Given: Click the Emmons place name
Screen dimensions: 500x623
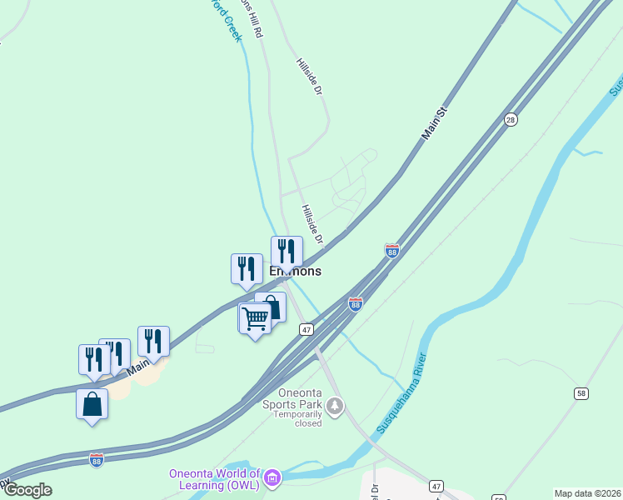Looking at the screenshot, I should (295, 272).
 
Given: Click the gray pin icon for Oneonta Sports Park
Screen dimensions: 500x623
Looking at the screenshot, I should (335, 407).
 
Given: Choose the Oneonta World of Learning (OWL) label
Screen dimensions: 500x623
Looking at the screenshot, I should (215, 479).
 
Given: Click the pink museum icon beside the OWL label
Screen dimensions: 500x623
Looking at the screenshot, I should (272, 478).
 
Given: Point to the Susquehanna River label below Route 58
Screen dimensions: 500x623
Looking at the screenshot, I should (401, 392).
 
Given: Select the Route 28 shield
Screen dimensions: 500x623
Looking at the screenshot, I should (511, 121).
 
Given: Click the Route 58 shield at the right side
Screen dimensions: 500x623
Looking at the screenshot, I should (581, 392).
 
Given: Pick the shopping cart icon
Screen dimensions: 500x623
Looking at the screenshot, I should (255, 317).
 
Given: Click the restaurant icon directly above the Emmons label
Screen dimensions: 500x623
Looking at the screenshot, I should (287, 251).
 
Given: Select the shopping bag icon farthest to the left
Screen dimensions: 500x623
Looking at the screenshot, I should (92, 404).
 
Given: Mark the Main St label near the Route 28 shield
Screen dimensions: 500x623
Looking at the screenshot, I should (435, 122).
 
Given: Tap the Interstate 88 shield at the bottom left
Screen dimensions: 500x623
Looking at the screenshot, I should (97, 460).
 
